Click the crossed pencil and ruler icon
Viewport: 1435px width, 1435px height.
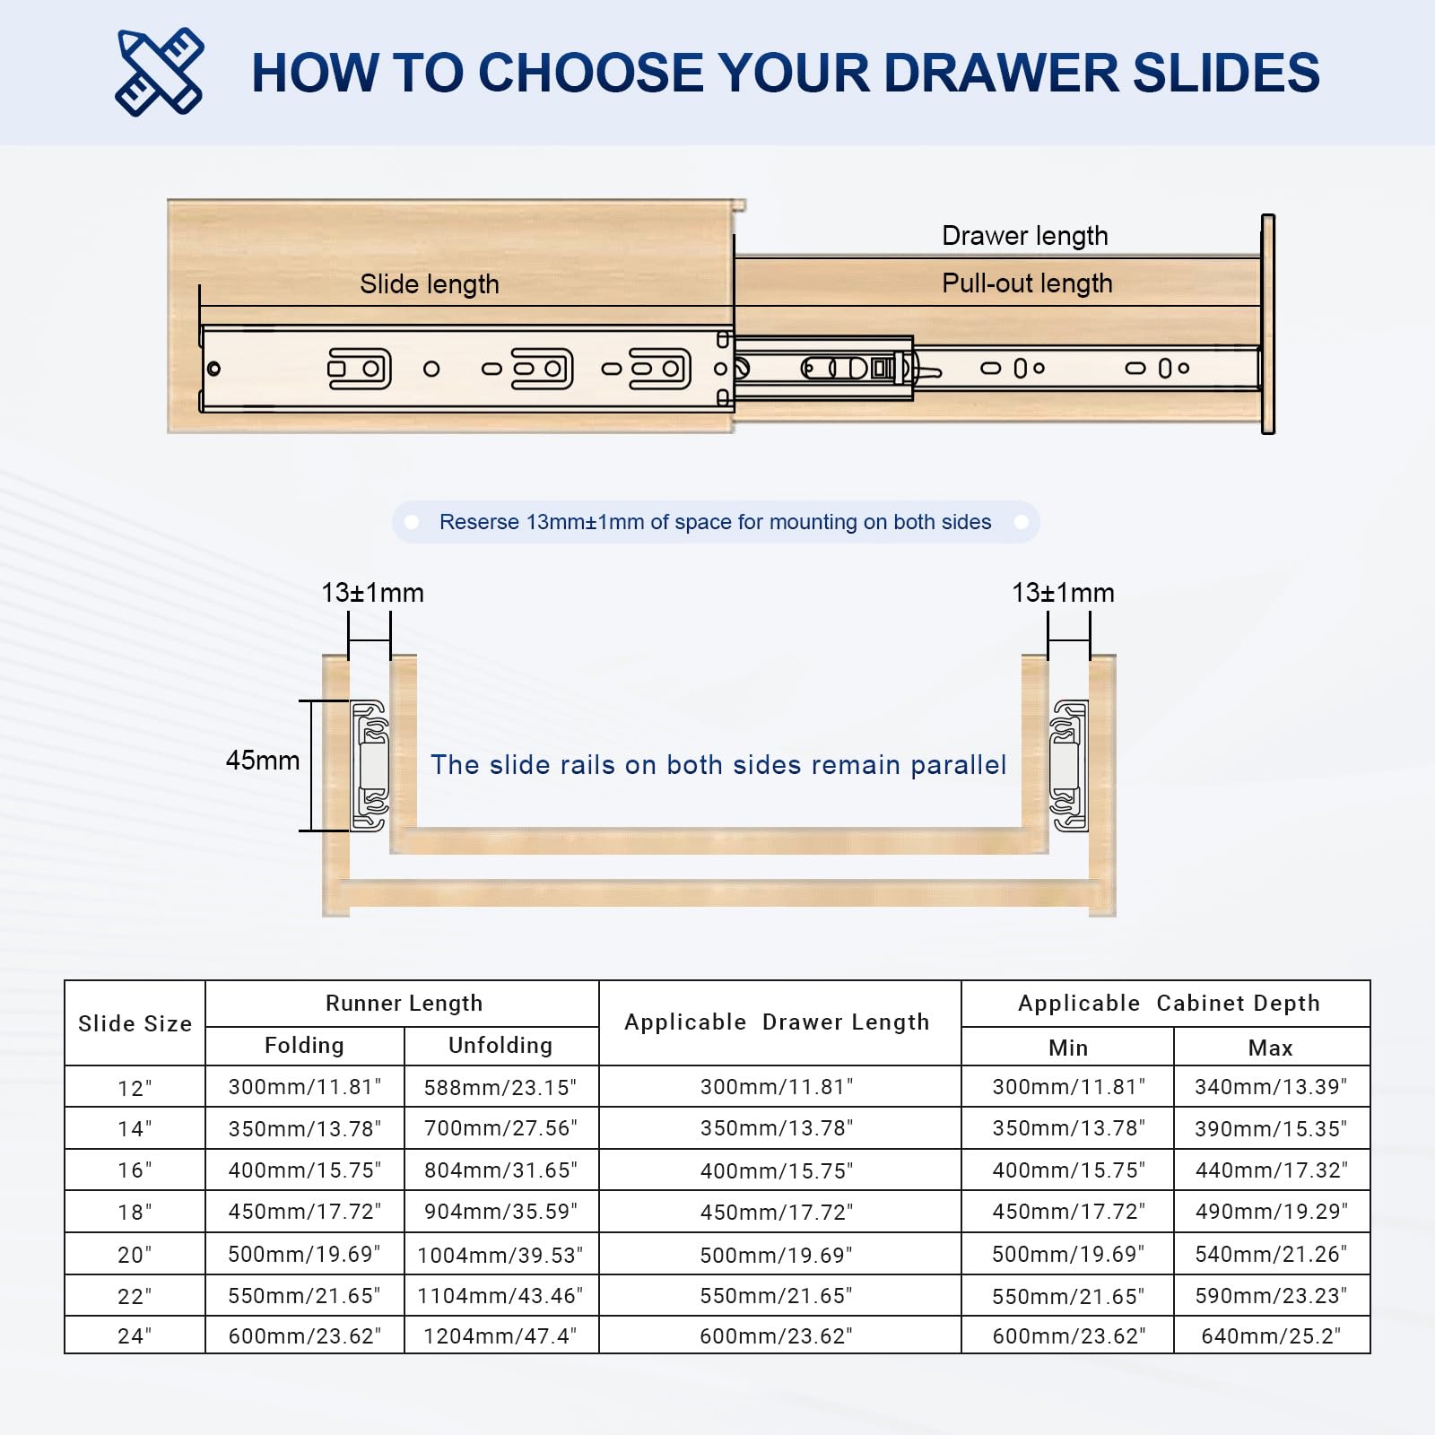pos(160,72)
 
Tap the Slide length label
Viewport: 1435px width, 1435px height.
pos(429,284)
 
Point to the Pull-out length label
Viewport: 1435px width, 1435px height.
pos(1026,283)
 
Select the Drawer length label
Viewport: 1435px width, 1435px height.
pos(1024,236)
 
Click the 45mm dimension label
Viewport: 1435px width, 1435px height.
pos(262,761)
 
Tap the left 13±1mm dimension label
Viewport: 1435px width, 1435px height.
pos(372,593)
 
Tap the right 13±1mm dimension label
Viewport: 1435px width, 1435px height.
pos(1063,593)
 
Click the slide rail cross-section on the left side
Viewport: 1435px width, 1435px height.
pos(370,766)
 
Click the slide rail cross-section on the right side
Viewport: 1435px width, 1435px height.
pos(1068,766)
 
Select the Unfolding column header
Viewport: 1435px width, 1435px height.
pos(500,1046)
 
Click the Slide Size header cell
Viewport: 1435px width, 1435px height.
pos(135,1023)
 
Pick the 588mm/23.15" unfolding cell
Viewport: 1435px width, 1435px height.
pos(500,1087)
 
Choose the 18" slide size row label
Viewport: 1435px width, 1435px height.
pos(135,1213)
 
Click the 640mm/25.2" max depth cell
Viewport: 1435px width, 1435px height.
pos(1270,1336)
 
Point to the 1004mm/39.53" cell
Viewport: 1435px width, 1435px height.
pos(500,1255)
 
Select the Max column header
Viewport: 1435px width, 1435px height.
pos(1270,1048)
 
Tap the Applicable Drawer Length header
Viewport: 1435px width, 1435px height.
pos(777,1022)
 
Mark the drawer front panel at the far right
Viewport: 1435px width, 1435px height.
pos(1267,325)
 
